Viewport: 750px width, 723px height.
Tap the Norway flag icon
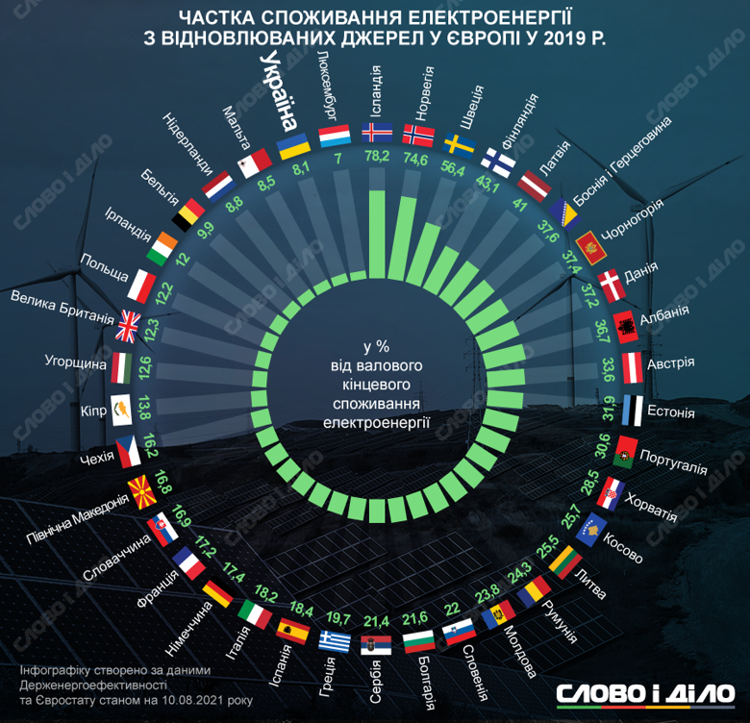[419, 134]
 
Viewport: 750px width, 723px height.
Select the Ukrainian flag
[292, 145]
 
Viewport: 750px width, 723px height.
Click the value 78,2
[375, 158]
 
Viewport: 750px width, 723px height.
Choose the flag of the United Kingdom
[127, 328]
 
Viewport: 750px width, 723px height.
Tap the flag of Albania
[623, 325]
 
